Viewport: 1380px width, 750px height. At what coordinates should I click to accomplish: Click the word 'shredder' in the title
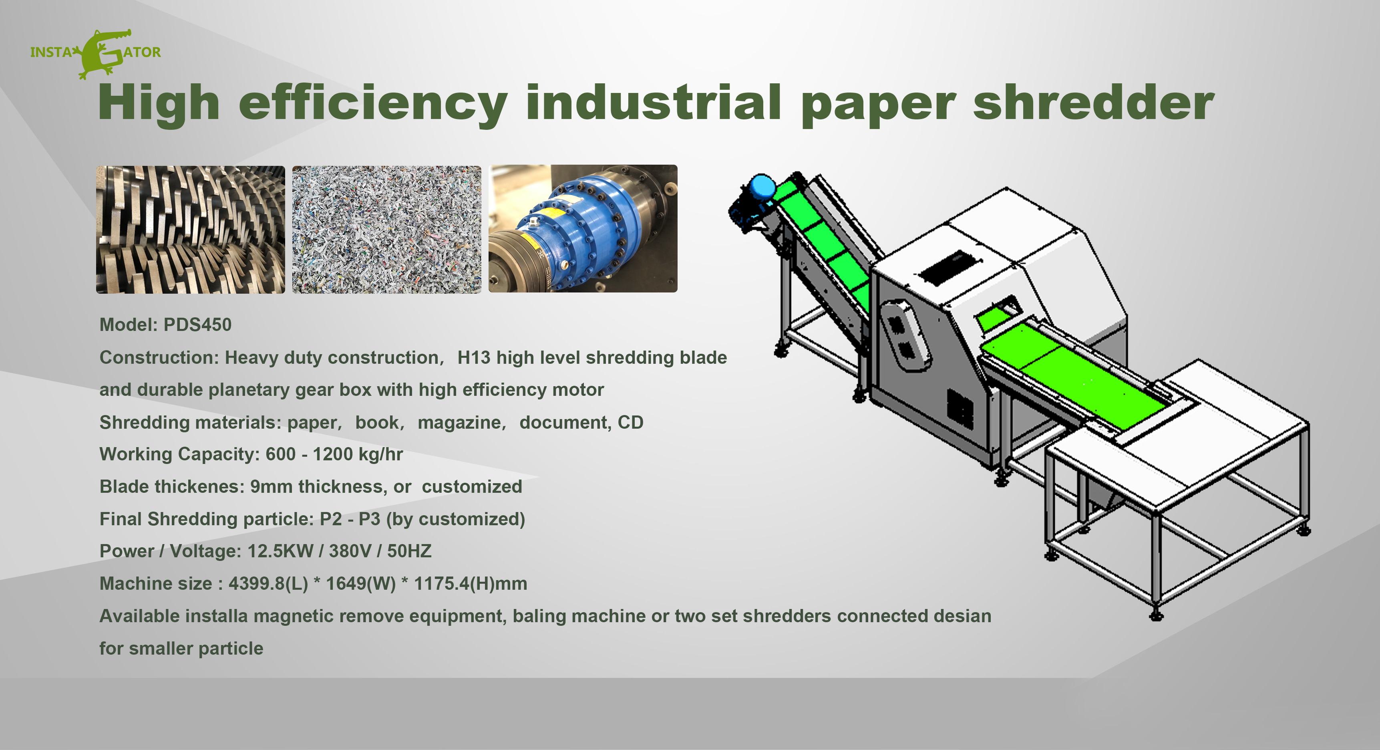click(1093, 103)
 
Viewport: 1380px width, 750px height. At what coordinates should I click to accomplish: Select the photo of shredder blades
click(190, 230)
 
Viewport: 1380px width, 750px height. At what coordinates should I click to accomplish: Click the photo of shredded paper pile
click(386, 230)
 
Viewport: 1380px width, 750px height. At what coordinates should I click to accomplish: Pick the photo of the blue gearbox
click(583, 228)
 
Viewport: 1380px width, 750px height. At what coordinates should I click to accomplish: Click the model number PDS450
click(197, 325)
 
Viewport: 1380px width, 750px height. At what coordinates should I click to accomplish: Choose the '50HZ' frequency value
click(409, 551)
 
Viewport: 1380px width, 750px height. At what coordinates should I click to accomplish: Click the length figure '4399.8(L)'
click(268, 584)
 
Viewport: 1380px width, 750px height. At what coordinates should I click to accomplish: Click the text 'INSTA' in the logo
click(50, 52)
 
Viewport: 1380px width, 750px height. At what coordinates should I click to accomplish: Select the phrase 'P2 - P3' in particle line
click(350, 519)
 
